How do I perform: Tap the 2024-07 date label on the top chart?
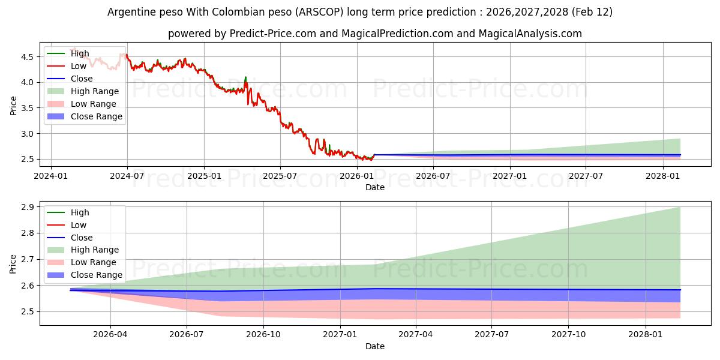pyautogui.click(x=127, y=176)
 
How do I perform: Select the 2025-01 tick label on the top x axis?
pyautogui.click(x=204, y=176)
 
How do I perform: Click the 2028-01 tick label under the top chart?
pyautogui.click(x=664, y=176)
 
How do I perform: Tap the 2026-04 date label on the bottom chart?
pyautogui.click(x=110, y=335)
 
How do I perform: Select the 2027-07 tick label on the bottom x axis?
pyautogui.click(x=491, y=335)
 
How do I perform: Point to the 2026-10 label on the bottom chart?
pyautogui.click(x=264, y=335)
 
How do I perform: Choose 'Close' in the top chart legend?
pyautogui.click(x=82, y=79)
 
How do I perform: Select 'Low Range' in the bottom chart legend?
pyautogui.click(x=94, y=262)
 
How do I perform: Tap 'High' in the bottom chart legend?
pyautogui.click(x=80, y=212)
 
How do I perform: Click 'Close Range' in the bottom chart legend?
pyautogui.click(x=97, y=275)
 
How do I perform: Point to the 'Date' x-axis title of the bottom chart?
pyautogui.click(x=375, y=346)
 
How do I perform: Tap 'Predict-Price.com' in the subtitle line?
pyautogui.click(x=273, y=34)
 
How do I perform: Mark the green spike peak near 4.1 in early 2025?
pyautogui.click(x=245, y=77)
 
